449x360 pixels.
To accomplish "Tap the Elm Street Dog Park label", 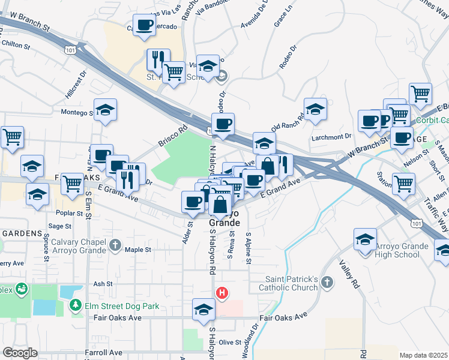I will [x=121, y=306].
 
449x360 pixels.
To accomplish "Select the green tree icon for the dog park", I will [x=76, y=306].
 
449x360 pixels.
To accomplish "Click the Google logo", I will [x=20, y=353].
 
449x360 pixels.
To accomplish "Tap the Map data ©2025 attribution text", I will [x=423, y=355].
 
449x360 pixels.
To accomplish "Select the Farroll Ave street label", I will [x=103, y=353].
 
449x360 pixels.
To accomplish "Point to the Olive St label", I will [x=229, y=342].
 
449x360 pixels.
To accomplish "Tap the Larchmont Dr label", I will [x=331, y=137].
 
